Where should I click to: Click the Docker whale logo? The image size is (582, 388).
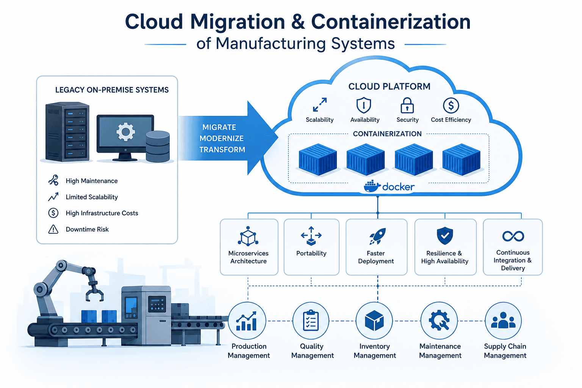coord(372,186)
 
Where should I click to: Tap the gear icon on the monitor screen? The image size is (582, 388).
coord(125,132)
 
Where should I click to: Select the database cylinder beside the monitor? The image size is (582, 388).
coord(158,146)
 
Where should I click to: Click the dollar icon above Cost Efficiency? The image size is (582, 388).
coord(451,105)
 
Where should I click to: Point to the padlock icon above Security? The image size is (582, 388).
coord(407,105)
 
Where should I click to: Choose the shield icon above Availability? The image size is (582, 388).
coord(363,105)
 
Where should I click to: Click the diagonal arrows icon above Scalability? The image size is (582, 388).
coord(320,105)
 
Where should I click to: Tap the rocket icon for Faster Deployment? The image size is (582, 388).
coord(377,236)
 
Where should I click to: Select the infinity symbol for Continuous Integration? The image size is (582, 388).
coord(513,236)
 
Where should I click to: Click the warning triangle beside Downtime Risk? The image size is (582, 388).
coord(53,229)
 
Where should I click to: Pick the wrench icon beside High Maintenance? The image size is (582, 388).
coord(53,180)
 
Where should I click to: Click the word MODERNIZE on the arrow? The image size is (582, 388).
coord(221,138)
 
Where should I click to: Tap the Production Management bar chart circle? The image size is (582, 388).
coord(247,321)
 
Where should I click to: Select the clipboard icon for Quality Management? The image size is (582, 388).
coord(311,321)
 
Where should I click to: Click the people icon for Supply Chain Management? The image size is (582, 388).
coord(503,320)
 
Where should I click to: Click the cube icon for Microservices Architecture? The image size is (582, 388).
coord(248,236)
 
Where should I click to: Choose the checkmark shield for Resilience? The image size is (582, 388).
coord(445,235)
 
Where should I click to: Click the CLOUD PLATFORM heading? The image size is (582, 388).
coord(389,86)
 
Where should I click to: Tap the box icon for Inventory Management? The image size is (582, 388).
coord(374,321)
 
